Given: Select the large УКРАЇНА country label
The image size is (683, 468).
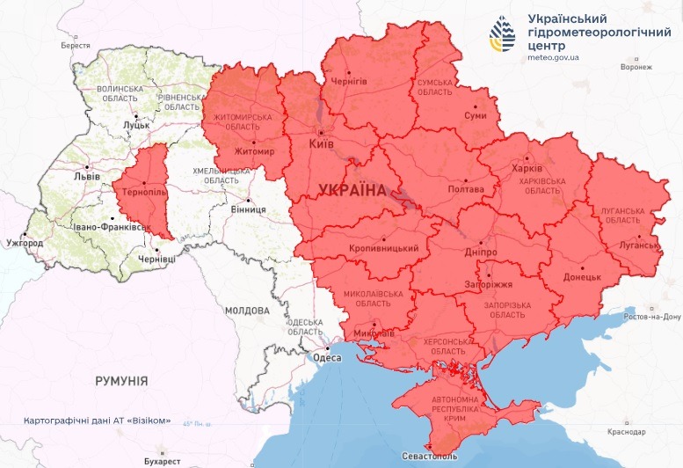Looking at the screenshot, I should [x=352, y=190].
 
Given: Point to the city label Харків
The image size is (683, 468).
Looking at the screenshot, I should [x=527, y=169].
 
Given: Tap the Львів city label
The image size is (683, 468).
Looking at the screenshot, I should [x=86, y=176].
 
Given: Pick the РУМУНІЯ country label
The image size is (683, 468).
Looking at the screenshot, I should [x=121, y=380].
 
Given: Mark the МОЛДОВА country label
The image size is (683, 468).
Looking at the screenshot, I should [x=246, y=311].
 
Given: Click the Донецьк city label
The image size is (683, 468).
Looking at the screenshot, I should [x=581, y=276].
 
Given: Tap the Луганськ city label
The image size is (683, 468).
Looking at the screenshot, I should [x=637, y=245].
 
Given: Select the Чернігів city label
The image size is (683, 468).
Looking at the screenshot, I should [x=347, y=81].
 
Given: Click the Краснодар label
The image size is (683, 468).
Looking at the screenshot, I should [x=624, y=433].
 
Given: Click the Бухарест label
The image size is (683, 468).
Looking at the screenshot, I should [x=162, y=461].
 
